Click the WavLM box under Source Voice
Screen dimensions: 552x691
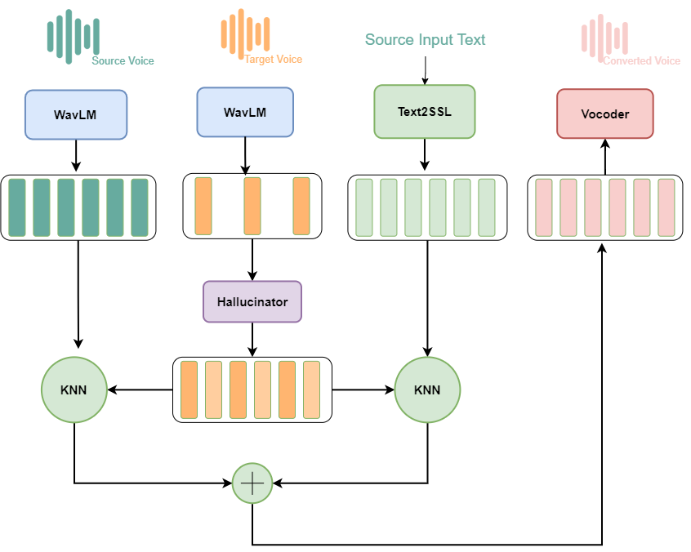pos(76,114)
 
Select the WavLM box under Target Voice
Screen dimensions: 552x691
pos(245,112)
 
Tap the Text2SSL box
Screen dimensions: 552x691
pos(424,111)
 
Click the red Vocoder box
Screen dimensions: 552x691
pos(604,114)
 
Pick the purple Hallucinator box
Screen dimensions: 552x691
pos(252,301)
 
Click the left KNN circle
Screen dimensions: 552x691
pos(74,390)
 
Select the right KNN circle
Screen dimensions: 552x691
pos(427,390)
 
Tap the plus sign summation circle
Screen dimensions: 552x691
pos(252,483)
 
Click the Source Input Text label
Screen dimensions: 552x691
pos(425,40)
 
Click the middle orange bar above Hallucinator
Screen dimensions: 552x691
pos(252,207)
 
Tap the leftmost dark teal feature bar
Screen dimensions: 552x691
pos(17,207)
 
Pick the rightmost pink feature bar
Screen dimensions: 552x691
pos(666,207)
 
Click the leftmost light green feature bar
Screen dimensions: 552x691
pos(364,207)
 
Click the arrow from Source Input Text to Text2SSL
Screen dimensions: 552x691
pos(425,69)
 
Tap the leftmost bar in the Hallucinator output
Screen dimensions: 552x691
pos(189,390)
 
